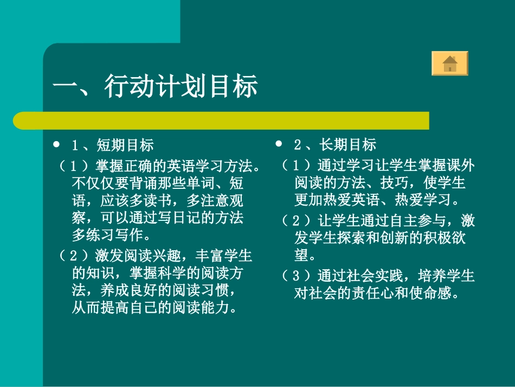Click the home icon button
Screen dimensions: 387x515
[449, 64]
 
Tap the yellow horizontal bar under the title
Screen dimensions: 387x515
[221, 120]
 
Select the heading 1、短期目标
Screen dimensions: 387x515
[113, 145]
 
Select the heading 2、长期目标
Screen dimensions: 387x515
[334, 145]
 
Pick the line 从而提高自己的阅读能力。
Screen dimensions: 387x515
[155, 308]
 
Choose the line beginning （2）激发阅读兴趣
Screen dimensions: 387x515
[155, 255]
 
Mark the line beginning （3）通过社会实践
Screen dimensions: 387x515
[378, 276]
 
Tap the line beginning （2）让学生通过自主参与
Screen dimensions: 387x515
[378, 221]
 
